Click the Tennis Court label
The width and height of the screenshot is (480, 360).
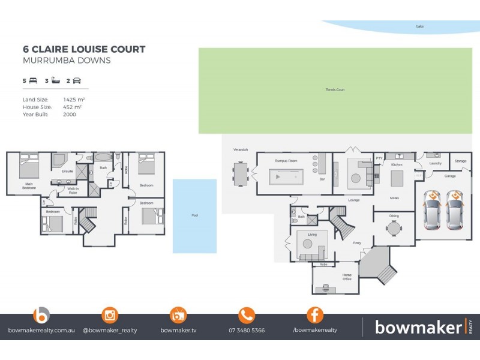(335, 90)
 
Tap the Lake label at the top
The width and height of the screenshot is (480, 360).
(419, 26)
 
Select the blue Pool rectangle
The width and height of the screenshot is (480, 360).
(194, 215)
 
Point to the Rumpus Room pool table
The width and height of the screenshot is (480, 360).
(286, 178)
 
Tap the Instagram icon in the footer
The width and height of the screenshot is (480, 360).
(110, 315)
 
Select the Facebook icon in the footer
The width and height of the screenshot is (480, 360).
(315, 315)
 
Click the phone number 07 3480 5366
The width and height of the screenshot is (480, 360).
(247, 330)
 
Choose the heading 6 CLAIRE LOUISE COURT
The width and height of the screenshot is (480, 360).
(84, 49)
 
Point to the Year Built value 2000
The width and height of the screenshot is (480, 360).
(70, 114)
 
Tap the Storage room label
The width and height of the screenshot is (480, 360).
(460, 161)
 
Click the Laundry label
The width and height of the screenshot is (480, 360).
(435, 163)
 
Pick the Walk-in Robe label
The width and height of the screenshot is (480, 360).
(73, 191)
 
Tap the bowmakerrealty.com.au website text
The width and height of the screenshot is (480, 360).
(41, 330)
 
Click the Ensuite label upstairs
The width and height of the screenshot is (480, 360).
(68, 172)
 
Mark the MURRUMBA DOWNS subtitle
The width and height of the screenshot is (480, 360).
(67, 61)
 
